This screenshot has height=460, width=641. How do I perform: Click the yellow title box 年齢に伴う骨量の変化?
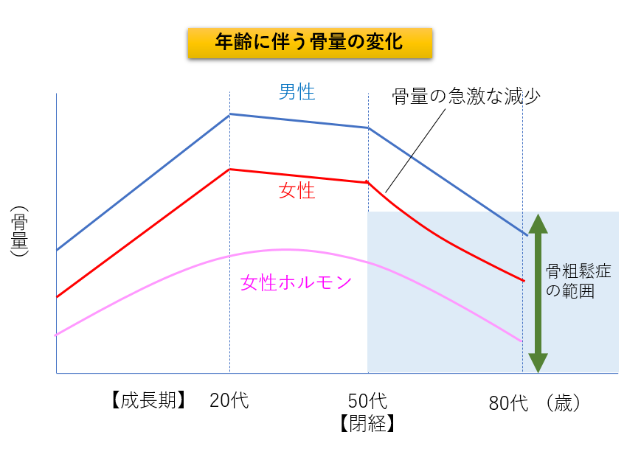click(x=309, y=43)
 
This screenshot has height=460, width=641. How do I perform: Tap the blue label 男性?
click(x=297, y=93)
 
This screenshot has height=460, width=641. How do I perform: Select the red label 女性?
click(x=297, y=191)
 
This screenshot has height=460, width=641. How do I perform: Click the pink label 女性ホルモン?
click(x=296, y=282)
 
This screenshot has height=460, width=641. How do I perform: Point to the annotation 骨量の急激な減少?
click(x=466, y=96)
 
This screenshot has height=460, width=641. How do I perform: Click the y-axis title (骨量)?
click(x=20, y=231)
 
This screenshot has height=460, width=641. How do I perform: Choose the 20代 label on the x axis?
click(x=229, y=401)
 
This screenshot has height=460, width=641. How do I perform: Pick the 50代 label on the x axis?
click(x=367, y=401)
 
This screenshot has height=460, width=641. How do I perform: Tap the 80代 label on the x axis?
click(x=509, y=403)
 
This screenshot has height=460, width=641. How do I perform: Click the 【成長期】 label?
click(x=147, y=401)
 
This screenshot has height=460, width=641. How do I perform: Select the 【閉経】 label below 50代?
click(x=367, y=423)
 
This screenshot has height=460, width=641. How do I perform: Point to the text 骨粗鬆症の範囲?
click(x=578, y=281)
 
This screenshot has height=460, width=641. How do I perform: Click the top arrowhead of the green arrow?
click(x=538, y=223)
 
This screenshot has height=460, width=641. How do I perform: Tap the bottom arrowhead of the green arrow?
click(x=538, y=363)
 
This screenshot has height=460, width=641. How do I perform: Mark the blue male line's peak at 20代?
click(x=229, y=114)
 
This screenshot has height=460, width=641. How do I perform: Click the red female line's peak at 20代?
click(x=229, y=170)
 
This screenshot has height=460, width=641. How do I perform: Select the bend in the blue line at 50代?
click(x=368, y=128)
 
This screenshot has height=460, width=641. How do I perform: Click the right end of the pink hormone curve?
click(x=522, y=341)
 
